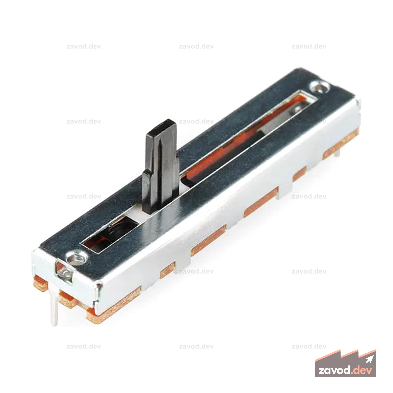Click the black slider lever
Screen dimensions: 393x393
coord(160,166)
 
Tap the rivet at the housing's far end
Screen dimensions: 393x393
coord(320,87)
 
